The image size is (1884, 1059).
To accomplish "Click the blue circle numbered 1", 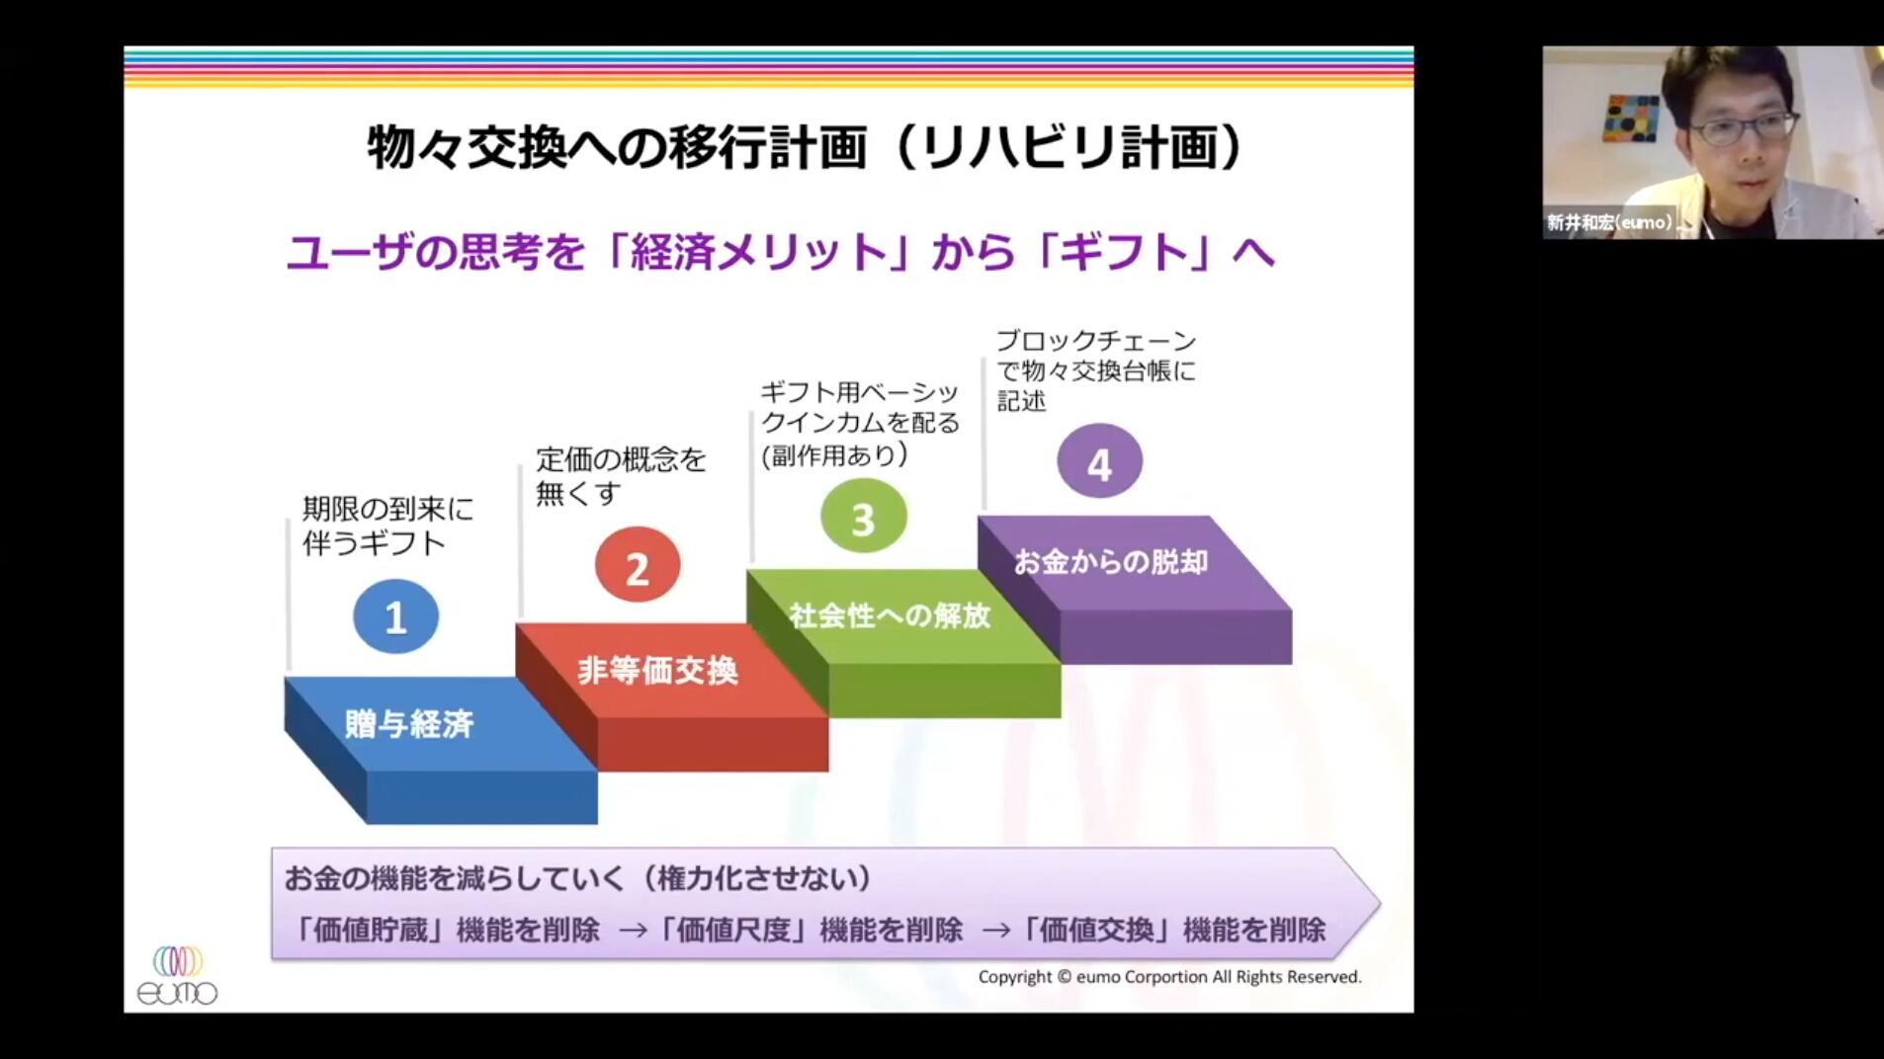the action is point(395,616).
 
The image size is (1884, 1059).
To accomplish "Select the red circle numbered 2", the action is point(638,564).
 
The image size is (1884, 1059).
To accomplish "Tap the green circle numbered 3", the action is point(863,516).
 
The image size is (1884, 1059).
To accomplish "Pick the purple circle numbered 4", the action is point(1099,460).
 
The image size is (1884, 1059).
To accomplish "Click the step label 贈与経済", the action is point(409,724).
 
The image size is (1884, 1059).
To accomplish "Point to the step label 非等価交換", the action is point(657,671).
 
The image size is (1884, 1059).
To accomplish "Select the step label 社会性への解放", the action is point(890,615).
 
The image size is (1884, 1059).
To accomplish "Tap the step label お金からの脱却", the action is point(1111,562).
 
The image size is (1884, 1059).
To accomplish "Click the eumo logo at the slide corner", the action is point(177,976).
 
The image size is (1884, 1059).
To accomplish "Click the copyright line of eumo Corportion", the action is point(1169,977).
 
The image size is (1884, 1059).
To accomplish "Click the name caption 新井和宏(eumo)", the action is point(1610,222).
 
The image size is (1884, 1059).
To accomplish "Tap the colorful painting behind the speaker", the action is point(1632,119).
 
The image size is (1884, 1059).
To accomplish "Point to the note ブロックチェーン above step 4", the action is point(1096,341).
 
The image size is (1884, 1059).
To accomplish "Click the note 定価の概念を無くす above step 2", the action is point(621,475).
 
